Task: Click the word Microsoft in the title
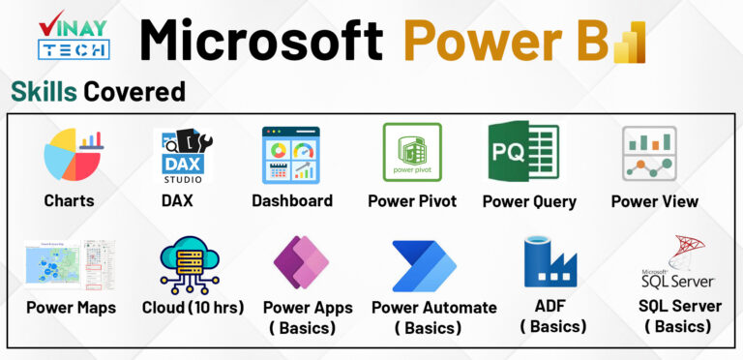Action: pyautogui.click(x=261, y=42)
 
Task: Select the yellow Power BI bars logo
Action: pyautogui.click(x=630, y=41)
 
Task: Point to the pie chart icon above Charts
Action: pyautogui.click(x=73, y=157)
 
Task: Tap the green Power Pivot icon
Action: pyautogui.click(x=411, y=153)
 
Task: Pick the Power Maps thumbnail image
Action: pyautogui.click(x=71, y=265)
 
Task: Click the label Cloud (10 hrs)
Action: pyautogui.click(x=193, y=308)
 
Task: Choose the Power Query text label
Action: pyautogui.click(x=529, y=201)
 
